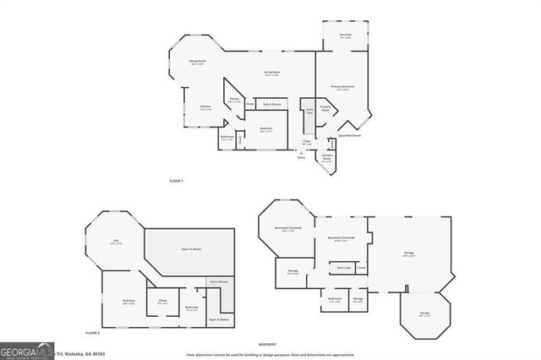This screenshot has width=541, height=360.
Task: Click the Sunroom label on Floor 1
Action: (x=345, y=35)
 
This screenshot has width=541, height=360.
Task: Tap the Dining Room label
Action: (x=197, y=63)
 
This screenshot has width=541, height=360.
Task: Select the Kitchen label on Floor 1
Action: (x=205, y=106)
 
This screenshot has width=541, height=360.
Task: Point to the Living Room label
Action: (x=271, y=74)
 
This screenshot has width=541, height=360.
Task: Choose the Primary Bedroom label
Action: (x=342, y=87)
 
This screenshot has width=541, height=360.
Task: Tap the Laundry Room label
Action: (x=327, y=157)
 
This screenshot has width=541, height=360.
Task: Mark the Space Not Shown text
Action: (x=350, y=135)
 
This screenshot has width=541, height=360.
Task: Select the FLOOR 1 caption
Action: (x=176, y=182)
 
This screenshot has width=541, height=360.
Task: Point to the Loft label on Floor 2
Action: (x=115, y=242)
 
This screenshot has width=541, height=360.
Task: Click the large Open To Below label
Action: (x=191, y=249)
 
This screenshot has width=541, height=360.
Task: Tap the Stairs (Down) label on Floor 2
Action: (x=219, y=282)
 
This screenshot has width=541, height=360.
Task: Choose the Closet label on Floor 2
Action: (x=162, y=301)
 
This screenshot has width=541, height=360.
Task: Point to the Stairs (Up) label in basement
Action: (x=344, y=268)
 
